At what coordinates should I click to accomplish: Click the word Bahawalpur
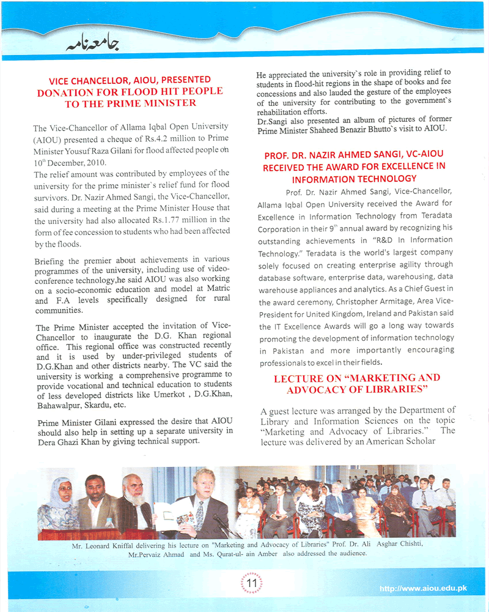[61, 405]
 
